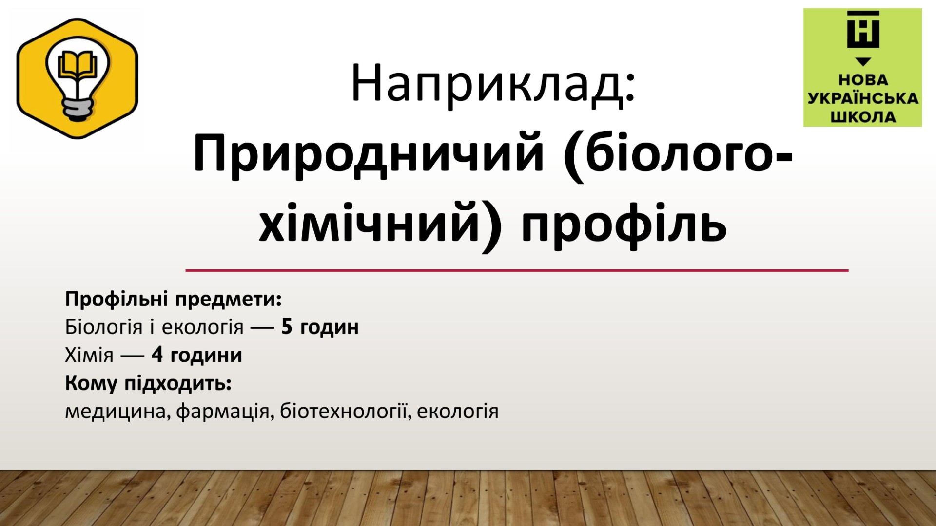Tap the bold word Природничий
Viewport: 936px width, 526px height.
coord(369,155)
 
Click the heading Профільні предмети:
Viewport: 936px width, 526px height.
coord(174,299)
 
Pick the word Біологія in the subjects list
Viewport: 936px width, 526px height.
coord(104,327)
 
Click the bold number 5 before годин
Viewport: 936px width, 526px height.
coord(287,327)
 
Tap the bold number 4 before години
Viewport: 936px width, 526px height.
coord(157,355)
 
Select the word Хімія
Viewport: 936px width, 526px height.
coord(89,355)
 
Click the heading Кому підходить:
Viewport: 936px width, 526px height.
coord(148,383)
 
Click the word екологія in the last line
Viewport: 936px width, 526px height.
coord(458,412)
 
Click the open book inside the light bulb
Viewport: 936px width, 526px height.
coord(77,66)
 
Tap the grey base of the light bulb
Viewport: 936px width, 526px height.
coord(78,109)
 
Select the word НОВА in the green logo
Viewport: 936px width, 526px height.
coord(863,80)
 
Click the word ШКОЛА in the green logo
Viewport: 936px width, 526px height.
coord(863,117)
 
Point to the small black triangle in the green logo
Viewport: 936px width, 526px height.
coord(863,62)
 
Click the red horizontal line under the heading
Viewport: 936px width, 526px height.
coord(517,270)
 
